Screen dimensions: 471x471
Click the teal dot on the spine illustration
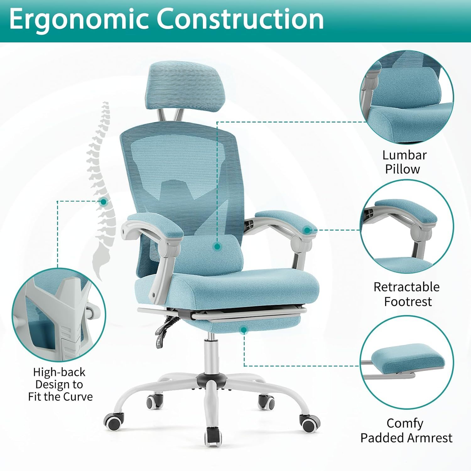103,202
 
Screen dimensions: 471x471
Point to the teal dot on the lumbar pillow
217,247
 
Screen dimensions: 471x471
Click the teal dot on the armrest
307,230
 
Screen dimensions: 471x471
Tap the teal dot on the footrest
244,330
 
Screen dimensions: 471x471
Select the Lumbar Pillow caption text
404,162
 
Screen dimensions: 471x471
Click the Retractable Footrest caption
407,294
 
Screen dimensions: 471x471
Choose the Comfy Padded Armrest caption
406,430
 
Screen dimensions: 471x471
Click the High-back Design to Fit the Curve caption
60,384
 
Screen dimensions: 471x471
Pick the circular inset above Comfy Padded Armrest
407,363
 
